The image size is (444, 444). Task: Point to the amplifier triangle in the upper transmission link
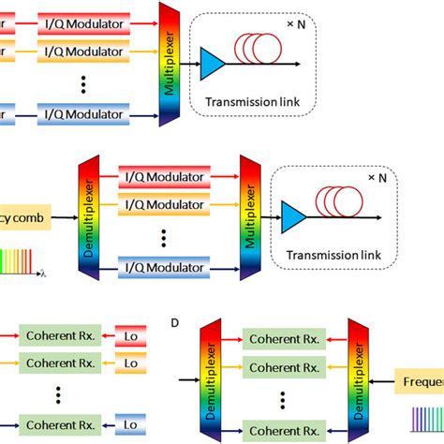click(x=213, y=63)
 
